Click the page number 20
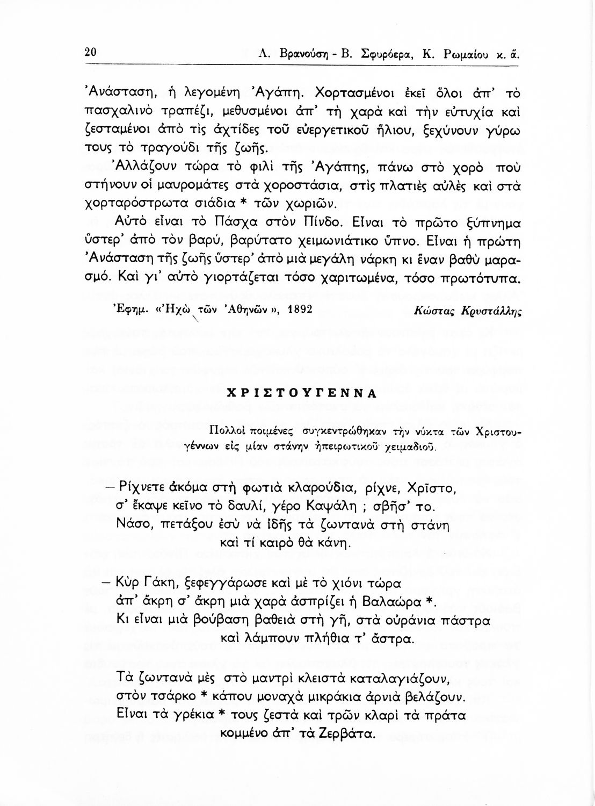point(90,53)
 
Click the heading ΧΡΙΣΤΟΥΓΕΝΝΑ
point(302,392)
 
